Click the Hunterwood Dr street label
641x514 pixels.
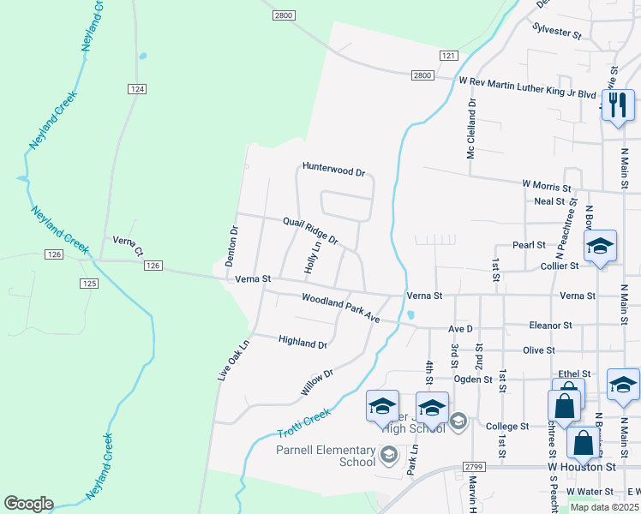pos(333,170)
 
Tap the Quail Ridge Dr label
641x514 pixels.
pos(311,230)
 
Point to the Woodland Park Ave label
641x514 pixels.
pos(340,308)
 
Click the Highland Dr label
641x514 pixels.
pos(303,343)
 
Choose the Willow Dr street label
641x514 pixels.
pos(316,383)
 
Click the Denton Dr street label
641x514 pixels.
pos(231,246)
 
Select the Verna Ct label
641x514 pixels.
pos(128,247)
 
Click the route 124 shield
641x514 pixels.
pos(136,89)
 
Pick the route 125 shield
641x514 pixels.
pos(87,283)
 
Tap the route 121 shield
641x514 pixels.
pos(448,55)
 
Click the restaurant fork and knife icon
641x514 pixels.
pos(616,105)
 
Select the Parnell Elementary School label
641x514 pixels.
pos(326,456)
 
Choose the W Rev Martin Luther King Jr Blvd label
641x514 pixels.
pos(527,82)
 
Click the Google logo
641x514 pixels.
pos(28,504)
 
